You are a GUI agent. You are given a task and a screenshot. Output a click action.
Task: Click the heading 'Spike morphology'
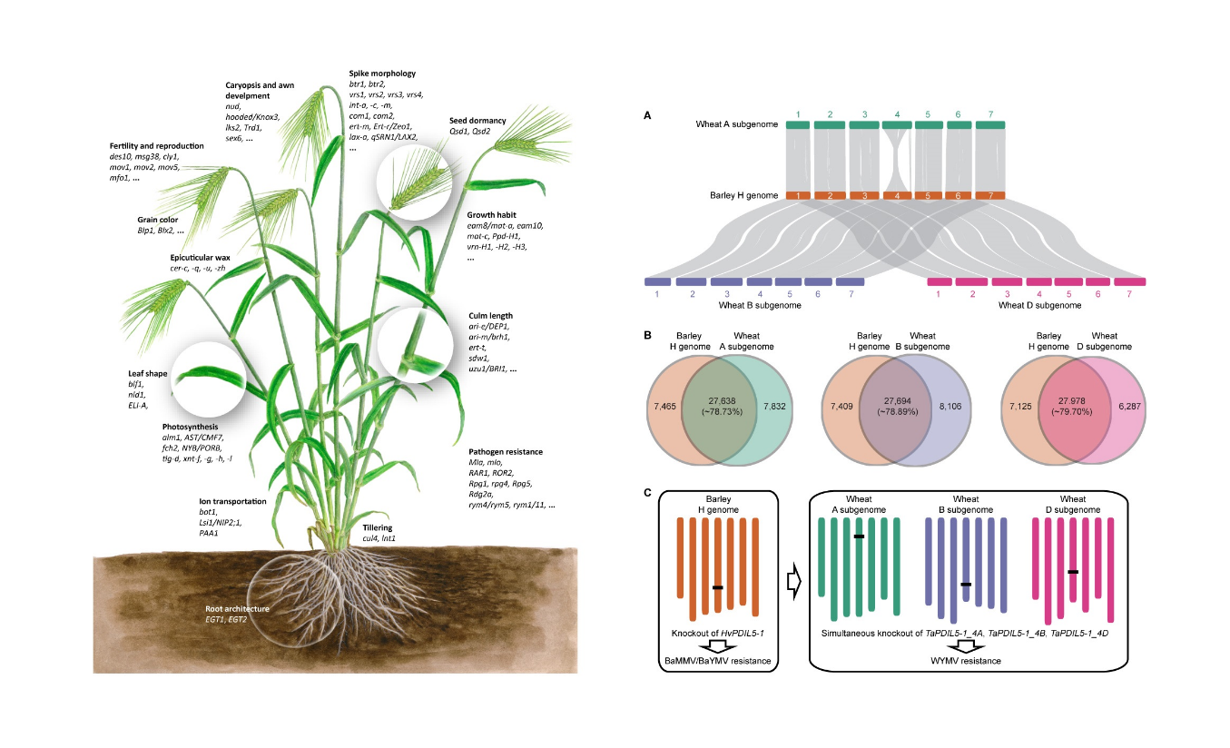coord(382,73)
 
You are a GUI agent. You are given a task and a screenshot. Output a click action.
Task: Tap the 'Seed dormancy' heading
coord(477,120)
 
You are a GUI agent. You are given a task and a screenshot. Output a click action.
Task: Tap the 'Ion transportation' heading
coord(233,501)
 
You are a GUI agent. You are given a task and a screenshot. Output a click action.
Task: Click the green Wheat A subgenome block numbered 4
coord(897,125)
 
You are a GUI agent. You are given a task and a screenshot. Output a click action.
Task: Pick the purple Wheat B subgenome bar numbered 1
coord(657,282)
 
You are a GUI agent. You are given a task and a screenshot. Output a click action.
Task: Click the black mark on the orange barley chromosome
coord(717,587)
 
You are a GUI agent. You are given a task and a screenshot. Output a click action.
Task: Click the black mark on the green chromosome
coord(858,536)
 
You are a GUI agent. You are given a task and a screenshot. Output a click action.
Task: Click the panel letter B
coord(646,335)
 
